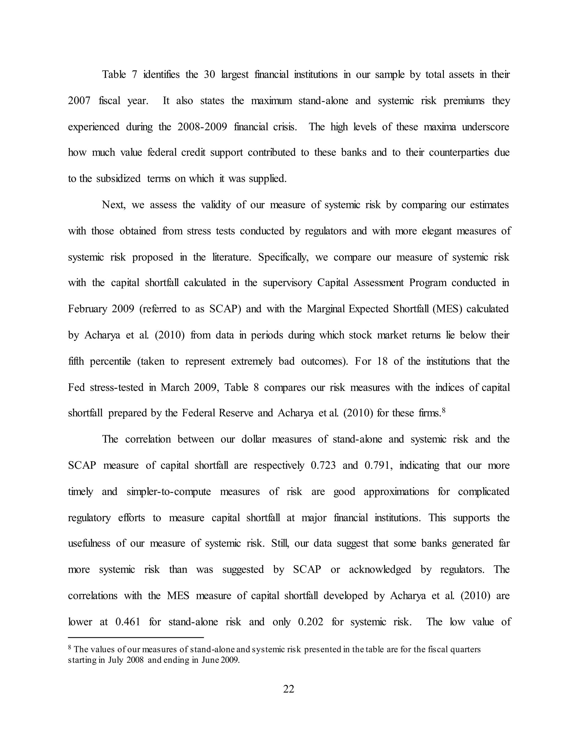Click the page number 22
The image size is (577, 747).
click(x=288, y=689)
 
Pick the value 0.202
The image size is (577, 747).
click(x=310, y=622)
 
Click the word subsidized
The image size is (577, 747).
click(x=118, y=178)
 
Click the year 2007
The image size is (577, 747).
click(x=79, y=101)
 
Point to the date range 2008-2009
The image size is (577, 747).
click(x=202, y=127)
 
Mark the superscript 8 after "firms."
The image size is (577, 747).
click(x=444, y=410)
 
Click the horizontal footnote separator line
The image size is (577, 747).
click(x=136, y=638)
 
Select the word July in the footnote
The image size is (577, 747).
click(x=116, y=660)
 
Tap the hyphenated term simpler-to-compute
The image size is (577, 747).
click(x=168, y=492)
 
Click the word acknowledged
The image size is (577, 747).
click(x=380, y=569)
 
